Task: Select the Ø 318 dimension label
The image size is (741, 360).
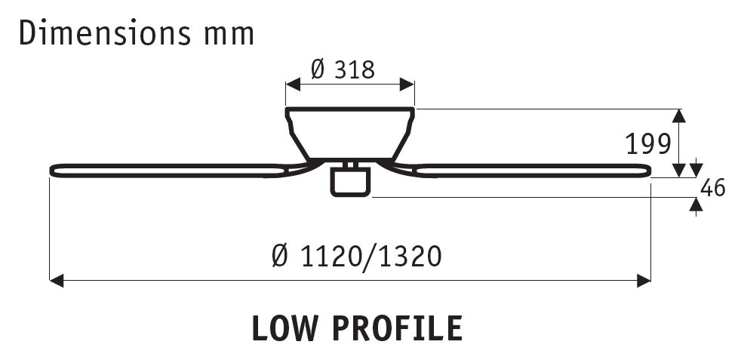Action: pyautogui.click(x=343, y=69)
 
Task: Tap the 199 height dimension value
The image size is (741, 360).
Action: pyautogui.click(x=647, y=143)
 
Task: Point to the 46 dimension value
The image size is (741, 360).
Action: pyautogui.click(x=712, y=188)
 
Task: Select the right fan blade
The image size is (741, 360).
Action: pyautogui.click(x=528, y=170)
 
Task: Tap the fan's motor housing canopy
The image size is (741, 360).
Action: pyautogui.click(x=349, y=132)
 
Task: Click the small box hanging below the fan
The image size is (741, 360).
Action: pyautogui.click(x=350, y=182)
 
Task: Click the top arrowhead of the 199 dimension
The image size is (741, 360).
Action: pyautogui.click(x=678, y=115)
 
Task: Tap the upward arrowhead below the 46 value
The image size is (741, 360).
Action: pyautogui.click(x=696, y=203)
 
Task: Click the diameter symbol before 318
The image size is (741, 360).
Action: pyautogui.click(x=318, y=69)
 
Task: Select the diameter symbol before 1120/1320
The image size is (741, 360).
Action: pyautogui.click(x=279, y=257)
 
